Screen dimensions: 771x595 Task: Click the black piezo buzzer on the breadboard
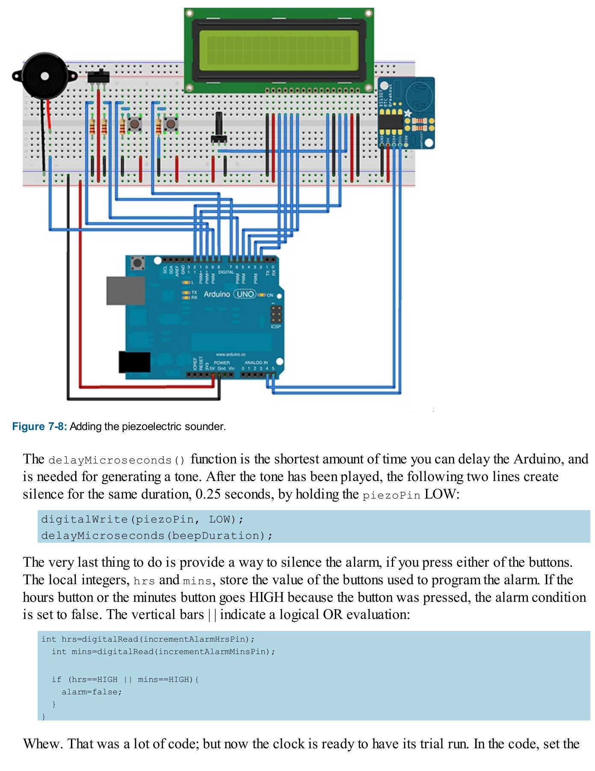44,76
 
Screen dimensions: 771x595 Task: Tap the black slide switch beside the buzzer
98,76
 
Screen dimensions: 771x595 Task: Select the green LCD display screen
279,50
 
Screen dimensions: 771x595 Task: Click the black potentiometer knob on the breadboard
219,128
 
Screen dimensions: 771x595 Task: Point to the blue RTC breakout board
406,113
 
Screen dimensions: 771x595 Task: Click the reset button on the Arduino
137,263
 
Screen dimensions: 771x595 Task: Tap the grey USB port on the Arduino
125,290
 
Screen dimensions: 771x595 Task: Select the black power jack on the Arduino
134,362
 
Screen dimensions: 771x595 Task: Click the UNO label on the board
245,294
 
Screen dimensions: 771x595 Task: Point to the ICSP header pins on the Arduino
276,314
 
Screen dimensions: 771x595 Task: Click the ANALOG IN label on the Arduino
256,362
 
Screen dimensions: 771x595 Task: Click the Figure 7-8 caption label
39,427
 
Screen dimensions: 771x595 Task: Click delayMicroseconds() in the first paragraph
117,460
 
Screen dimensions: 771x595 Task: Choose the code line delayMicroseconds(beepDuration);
157,536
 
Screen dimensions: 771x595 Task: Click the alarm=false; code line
92,692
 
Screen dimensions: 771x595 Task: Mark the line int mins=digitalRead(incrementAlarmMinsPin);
163,651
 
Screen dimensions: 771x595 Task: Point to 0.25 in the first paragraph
208,494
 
